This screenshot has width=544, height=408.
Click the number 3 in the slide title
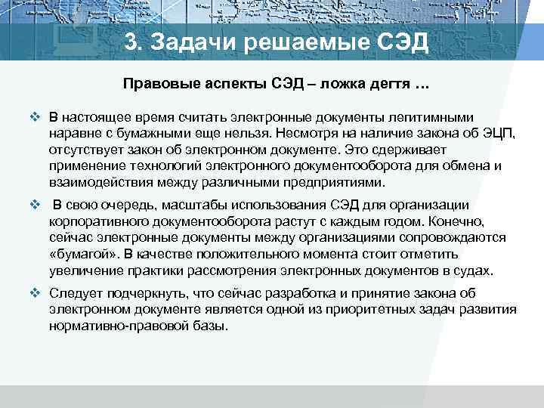pos(131,43)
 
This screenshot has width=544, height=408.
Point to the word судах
pos(471,270)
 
